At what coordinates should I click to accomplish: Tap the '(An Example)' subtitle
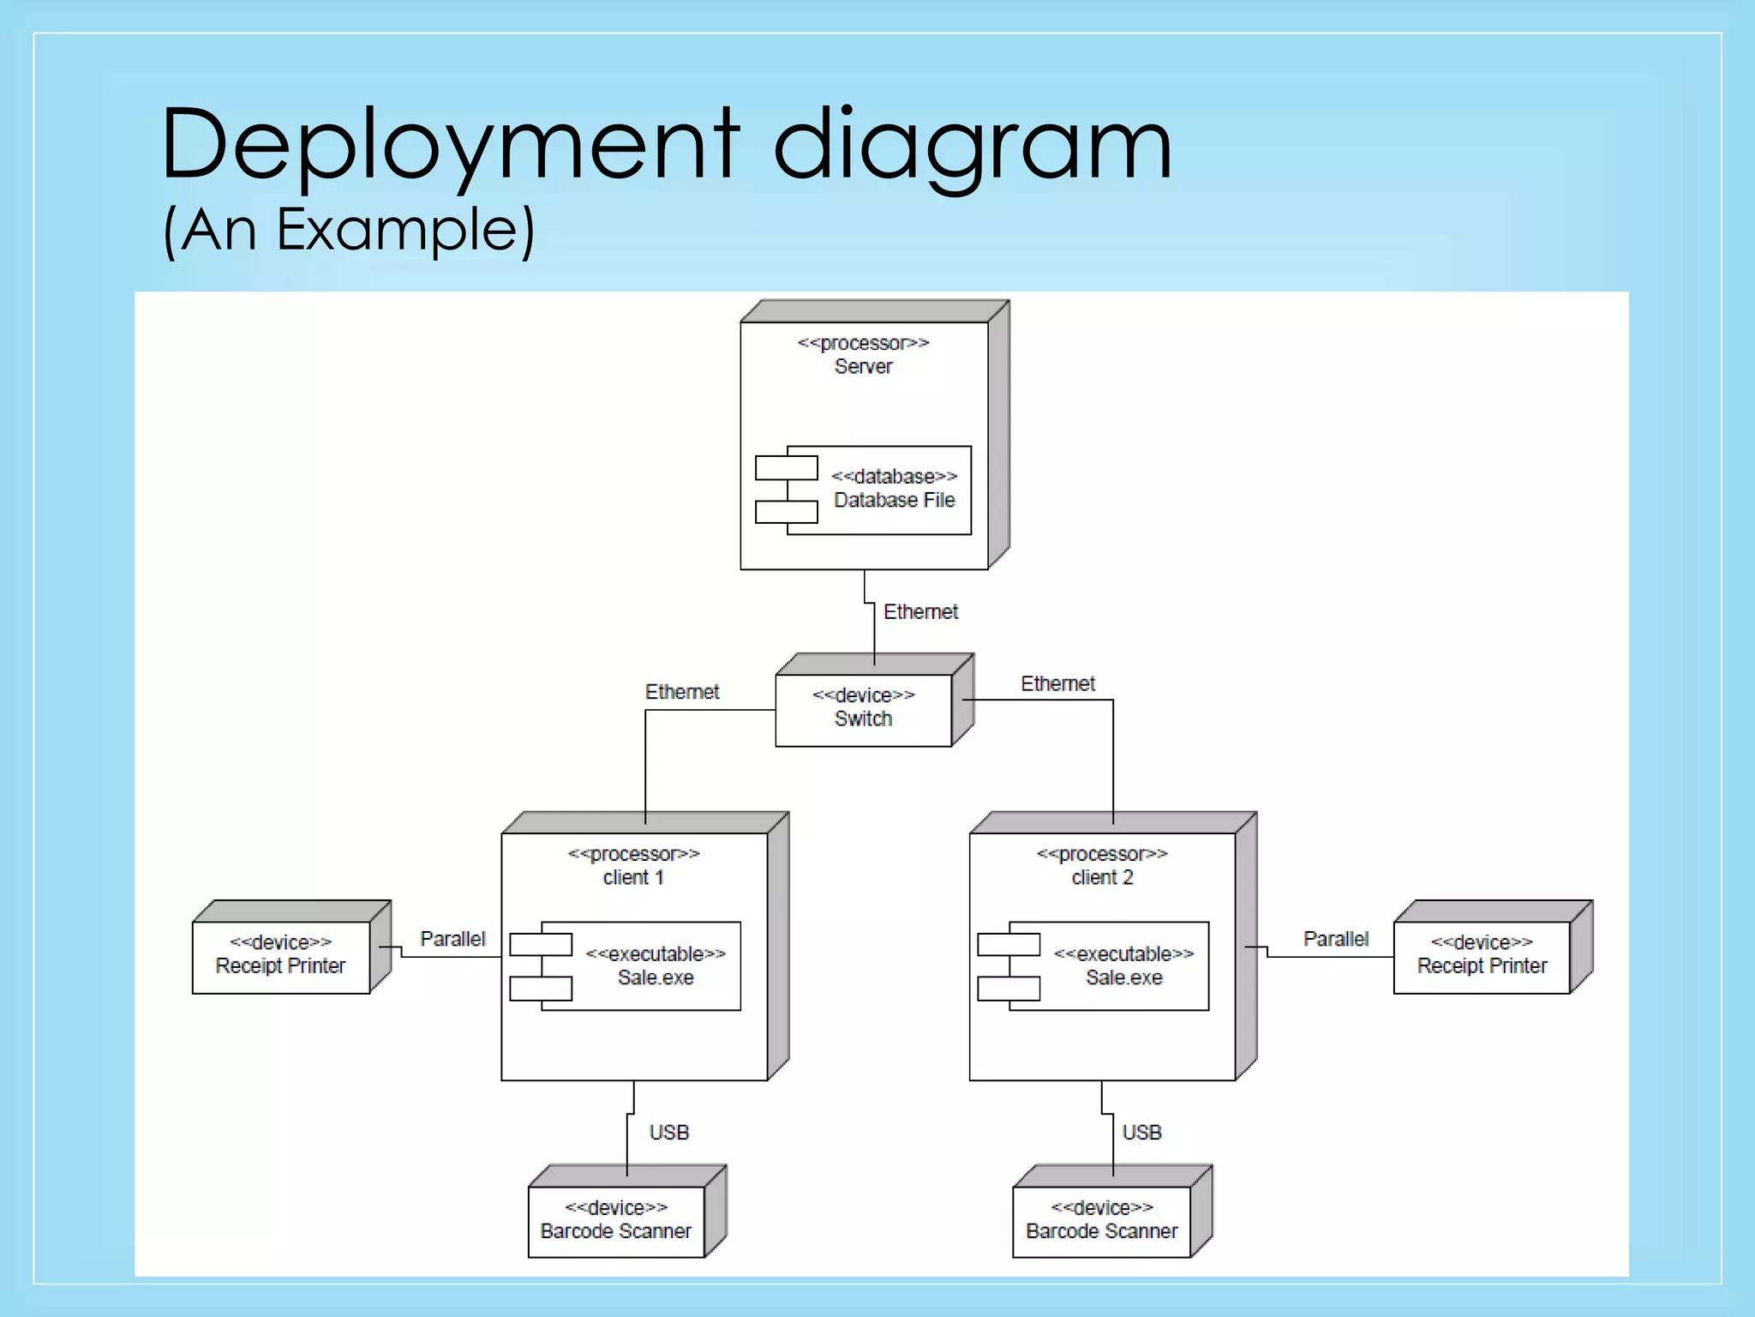[349, 230]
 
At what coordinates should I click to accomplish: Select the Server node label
[863, 366]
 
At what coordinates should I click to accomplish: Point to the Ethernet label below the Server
[920, 611]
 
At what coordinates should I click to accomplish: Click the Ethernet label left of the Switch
[681, 692]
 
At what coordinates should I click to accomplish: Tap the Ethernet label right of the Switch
[1057, 683]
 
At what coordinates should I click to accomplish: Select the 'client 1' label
[633, 877]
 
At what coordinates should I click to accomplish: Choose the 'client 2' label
[1102, 877]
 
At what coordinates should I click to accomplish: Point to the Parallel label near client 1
[452, 939]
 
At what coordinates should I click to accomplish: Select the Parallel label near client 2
[1336, 939]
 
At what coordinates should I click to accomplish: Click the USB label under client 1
[669, 1133]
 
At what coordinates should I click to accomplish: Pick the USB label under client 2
[1141, 1133]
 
